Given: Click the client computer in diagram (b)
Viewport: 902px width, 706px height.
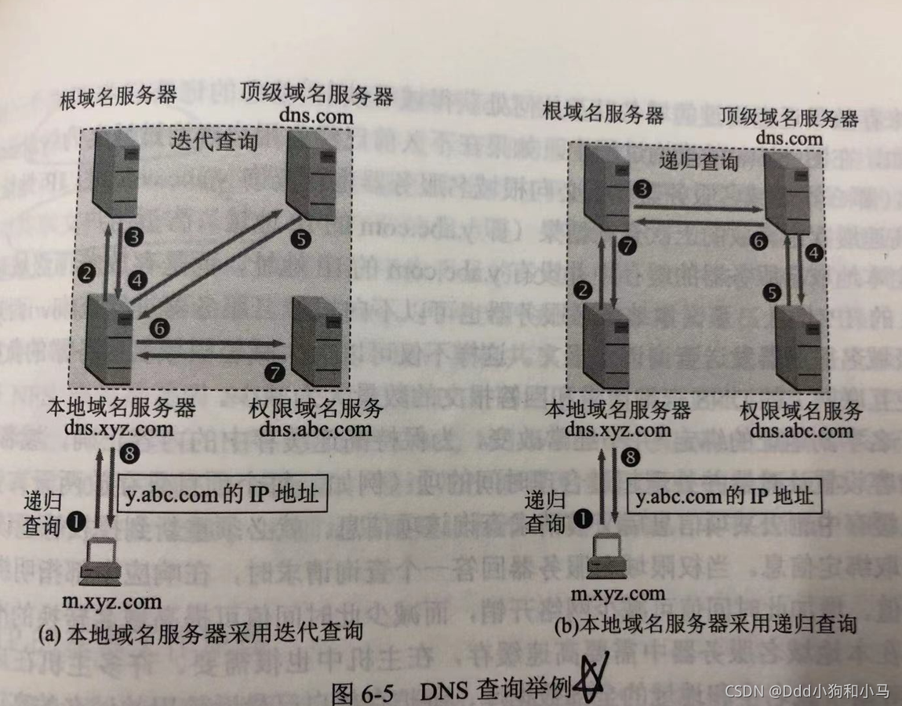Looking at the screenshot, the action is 607,555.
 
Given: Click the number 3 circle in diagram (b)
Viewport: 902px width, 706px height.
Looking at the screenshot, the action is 642,188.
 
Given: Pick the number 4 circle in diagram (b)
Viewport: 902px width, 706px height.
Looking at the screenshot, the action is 816,253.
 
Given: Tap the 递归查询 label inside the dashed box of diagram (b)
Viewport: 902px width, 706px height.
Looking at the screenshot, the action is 699,162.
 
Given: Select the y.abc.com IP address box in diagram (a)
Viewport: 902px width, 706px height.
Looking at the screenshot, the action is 222,496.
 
